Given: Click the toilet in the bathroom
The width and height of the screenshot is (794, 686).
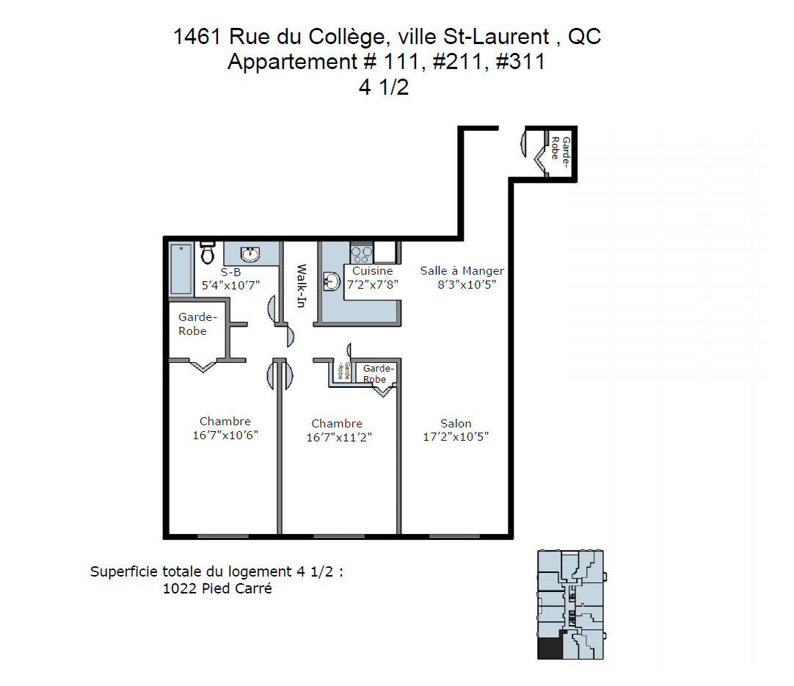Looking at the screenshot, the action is tap(207, 253).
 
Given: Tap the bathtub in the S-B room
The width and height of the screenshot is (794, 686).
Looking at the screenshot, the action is tap(181, 269).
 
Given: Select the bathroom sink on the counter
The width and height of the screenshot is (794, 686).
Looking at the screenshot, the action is tap(250, 254).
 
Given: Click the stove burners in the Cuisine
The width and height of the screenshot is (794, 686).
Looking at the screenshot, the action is tap(362, 253).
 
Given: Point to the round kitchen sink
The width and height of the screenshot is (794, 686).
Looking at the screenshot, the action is tap(331, 282).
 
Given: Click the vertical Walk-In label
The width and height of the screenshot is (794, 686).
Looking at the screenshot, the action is tap(302, 286).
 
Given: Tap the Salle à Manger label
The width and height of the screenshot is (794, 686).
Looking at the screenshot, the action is tap(462, 271).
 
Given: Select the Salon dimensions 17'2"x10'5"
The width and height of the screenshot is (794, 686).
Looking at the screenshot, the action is tap(456, 437).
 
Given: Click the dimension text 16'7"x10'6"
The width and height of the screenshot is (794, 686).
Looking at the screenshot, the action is tap(225, 436).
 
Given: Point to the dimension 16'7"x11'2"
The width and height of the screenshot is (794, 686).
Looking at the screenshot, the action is tap(339, 437).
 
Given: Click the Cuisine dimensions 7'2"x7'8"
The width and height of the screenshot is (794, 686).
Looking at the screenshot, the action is tap(373, 285).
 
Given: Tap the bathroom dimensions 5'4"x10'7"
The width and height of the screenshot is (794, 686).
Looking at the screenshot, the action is tap(231, 285).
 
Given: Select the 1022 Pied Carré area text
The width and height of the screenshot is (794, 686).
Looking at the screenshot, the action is tap(217, 589).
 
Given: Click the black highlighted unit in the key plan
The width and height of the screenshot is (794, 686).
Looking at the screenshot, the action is tap(550, 647).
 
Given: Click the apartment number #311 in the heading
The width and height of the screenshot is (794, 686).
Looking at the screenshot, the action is tap(520, 62).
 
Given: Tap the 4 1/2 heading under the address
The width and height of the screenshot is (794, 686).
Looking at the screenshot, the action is tap(384, 87).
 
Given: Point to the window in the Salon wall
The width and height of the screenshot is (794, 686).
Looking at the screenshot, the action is tap(455, 535).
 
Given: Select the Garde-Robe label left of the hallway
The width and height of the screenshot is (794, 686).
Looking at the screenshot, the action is tap(197, 324).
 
